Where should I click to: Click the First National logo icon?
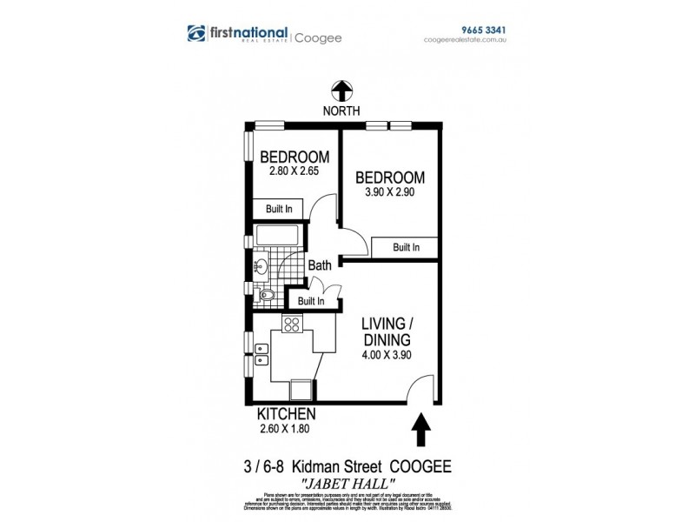coord(197,33)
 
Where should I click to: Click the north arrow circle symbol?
coord(341,90)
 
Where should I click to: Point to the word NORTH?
coord(341,110)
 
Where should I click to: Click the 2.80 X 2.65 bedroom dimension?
coord(295,171)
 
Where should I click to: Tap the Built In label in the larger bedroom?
coord(406,248)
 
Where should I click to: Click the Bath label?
coord(320,265)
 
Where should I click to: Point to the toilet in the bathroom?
coord(268,296)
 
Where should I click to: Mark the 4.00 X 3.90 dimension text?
coord(386,354)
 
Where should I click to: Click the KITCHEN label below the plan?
coord(286,413)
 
